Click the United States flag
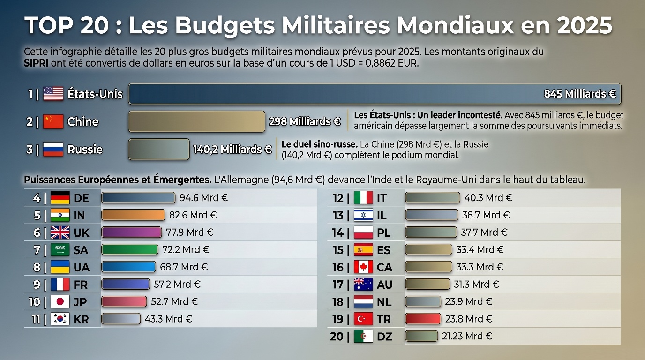point(53,94)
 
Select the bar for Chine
point(197,121)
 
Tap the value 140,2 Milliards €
point(232,150)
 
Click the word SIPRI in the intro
point(36,63)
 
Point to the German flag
point(60,198)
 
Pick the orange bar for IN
point(133,215)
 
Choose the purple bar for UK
point(131,232)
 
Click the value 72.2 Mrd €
point(186,249)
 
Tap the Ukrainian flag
point(60,267)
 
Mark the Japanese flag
point(60,301)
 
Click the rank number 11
point(36,319)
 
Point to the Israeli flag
point(363,215)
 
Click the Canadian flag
point(363,267)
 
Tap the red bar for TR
point(423,319)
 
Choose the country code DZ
point(385,337)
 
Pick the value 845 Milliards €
point(580,94)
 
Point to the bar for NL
point(423,301)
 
